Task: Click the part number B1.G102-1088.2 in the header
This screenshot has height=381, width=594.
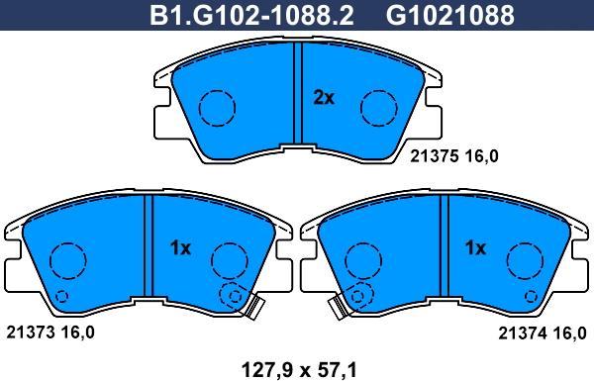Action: coord(251,16)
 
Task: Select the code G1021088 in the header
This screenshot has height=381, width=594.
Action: coord(450,16)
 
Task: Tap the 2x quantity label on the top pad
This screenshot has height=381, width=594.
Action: coord(324,98)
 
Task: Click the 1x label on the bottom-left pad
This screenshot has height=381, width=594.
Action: coord(180,248)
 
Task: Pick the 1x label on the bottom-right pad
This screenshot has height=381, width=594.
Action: coord(475,248)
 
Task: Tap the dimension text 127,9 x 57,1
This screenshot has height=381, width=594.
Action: coord(299,369)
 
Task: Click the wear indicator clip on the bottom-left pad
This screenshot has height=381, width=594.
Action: coord(254,307)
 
